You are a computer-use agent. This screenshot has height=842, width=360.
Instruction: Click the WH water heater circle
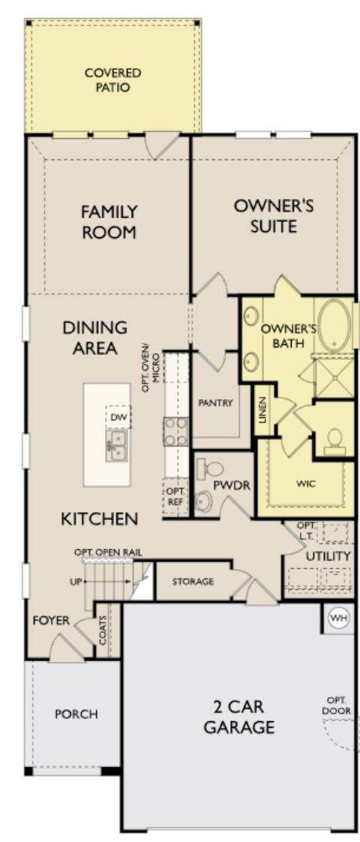338,618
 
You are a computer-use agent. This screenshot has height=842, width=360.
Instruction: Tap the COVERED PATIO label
112,80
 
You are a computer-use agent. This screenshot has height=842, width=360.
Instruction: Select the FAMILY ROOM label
109,222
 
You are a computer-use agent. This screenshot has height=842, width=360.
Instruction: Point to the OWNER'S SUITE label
273,216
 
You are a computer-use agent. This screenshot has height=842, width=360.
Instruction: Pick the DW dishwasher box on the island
118,417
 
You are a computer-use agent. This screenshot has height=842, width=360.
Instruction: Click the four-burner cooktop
176,432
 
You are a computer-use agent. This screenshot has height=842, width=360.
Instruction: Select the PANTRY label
215,403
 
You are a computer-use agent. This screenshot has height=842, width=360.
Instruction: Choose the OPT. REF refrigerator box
175,499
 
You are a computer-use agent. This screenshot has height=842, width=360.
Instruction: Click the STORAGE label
193,582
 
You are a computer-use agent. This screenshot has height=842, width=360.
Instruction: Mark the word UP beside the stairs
76,582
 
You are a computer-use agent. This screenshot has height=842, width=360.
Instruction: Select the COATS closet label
102,630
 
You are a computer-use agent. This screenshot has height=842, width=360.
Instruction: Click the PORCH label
76,714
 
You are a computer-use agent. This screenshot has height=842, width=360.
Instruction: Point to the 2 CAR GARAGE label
239,717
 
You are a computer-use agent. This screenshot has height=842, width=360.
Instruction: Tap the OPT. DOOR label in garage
338,705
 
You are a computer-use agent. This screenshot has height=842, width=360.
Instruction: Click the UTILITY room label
328,556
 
